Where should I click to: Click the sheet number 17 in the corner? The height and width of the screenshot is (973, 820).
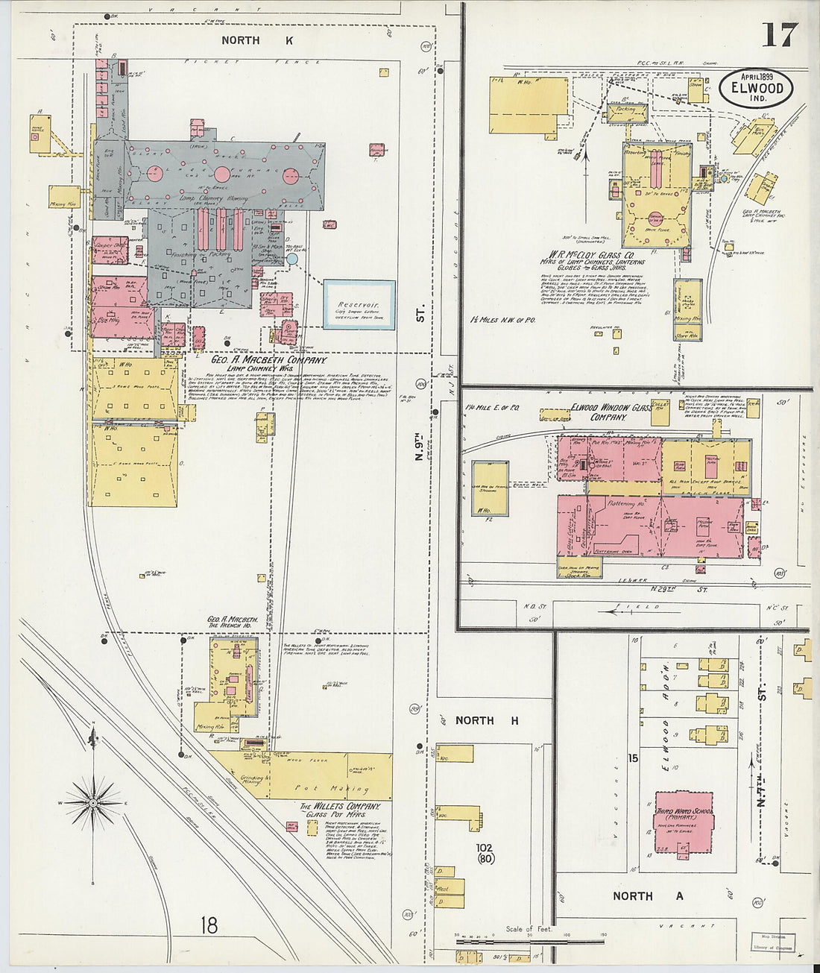tap(779, 34)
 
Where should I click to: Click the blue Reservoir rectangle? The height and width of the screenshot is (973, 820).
tap(359, 305)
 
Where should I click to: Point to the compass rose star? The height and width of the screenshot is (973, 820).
tap(92, 803)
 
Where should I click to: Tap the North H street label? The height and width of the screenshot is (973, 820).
tap(487, 720)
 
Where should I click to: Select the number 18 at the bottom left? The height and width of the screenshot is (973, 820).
tap(209, 926)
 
